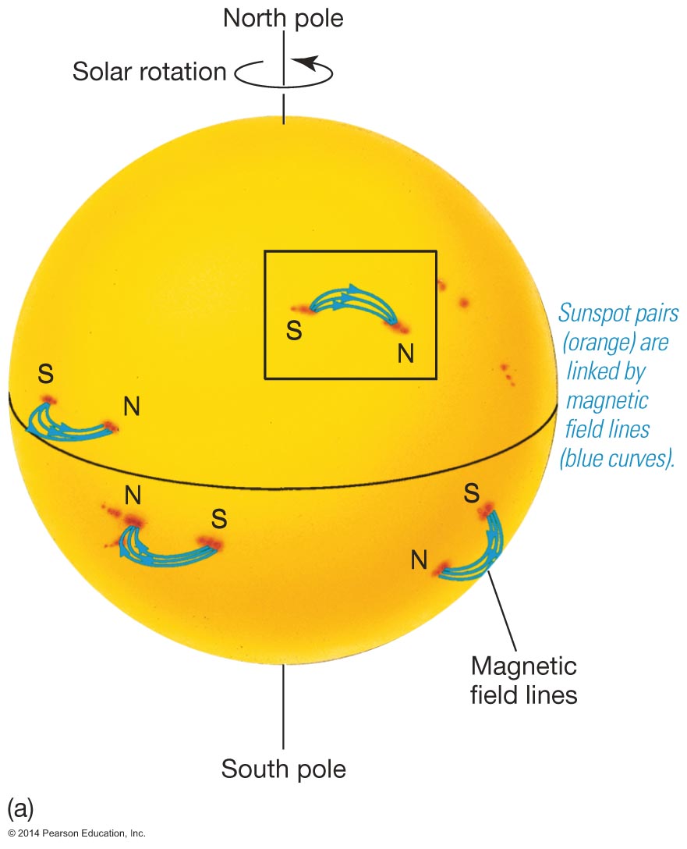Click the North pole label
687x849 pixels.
pyautogui.click(x=283, y=18)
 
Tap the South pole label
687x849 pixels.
pyautogui.click(x=283, y=769)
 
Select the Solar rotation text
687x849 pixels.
pyautogui.click(x=149, y=72)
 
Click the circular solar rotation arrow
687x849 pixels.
pyautogui.click(x=284, y=73)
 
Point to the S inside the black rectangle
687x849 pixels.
pyautogui.click(x=294, y=330)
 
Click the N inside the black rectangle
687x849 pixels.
pyautogui.click(x=405, y=353)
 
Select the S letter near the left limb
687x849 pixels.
pyautogui.click(x=46, y=375)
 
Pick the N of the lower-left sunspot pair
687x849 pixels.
pyautogui.click(x=132, y=495)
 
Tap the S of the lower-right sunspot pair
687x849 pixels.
pyautogui.click(x=471, y=493)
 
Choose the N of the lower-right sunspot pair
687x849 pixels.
pyautogui.click(x=419, y=559)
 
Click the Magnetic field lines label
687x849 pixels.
pyautogui.click(x=523, y=680)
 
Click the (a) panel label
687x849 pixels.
pyautogui.click(x=19, y=808)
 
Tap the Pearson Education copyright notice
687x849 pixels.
pyautogui.click(x=73, y=833)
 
